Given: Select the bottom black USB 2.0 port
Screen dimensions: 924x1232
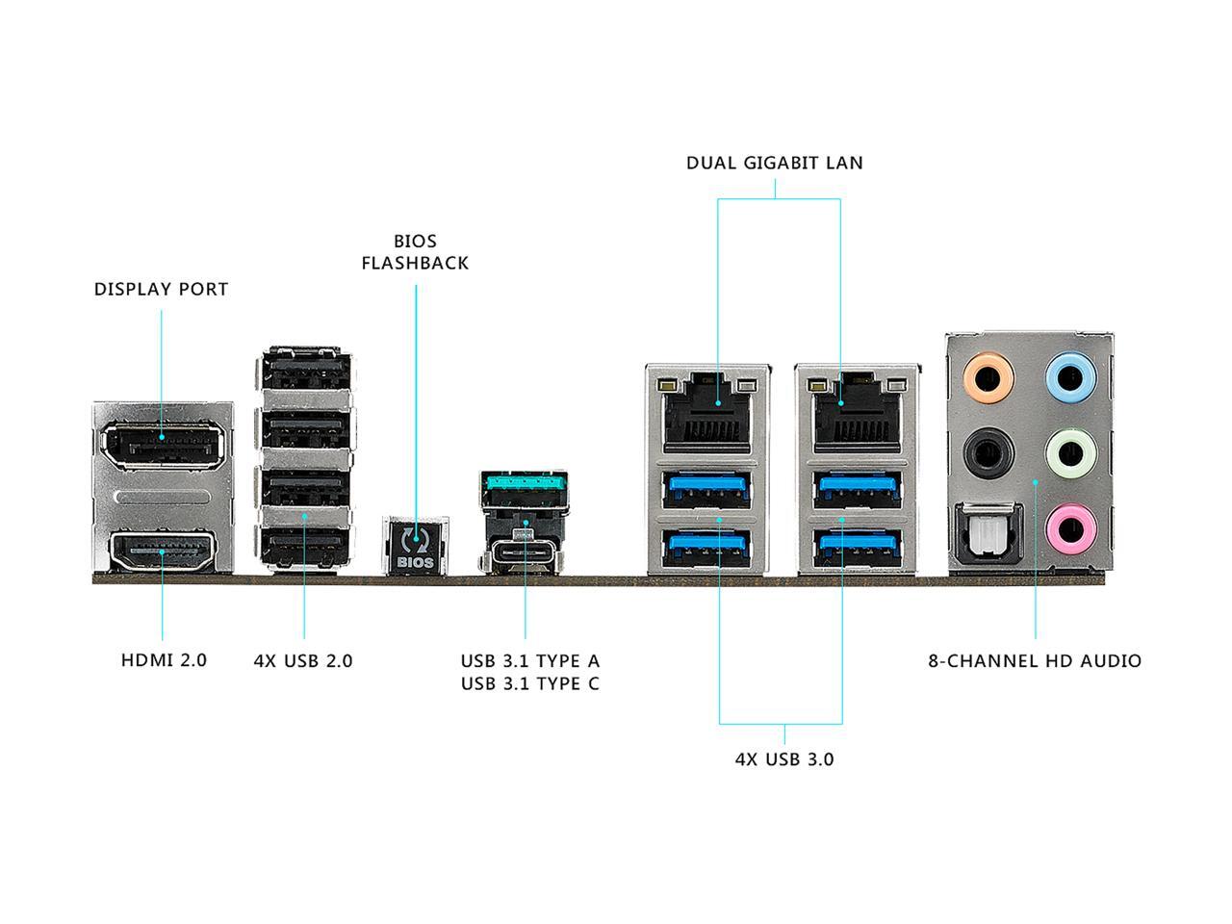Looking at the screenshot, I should coord(304,549).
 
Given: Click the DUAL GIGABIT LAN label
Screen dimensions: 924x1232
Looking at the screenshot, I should coord(774,163).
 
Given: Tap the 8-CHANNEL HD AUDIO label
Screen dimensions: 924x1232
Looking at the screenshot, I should coord(1035,661).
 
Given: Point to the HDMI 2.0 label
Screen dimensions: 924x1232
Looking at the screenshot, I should coord(164,660).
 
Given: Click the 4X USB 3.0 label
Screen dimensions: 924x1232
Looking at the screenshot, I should coord(783,758).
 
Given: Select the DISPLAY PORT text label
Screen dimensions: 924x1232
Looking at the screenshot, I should coord(161,289).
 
